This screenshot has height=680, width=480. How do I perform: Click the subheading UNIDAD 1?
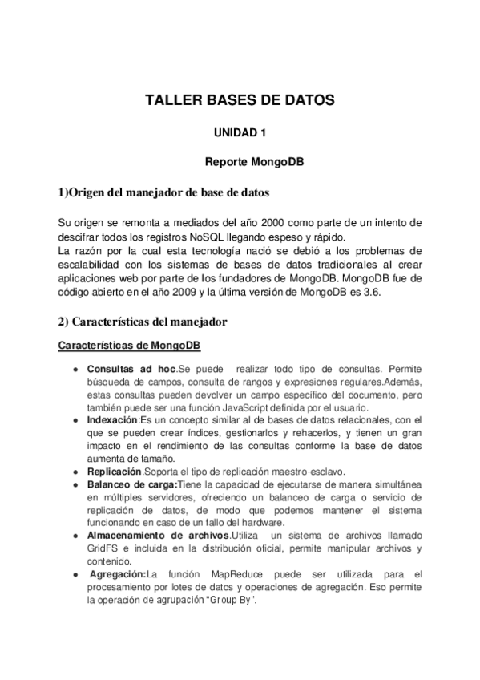click(239, 131)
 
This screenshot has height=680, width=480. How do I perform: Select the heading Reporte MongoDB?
click(253, 161)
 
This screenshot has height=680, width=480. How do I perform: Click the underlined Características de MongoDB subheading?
click(129, 346)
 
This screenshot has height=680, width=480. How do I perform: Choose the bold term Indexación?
click(112, 419)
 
